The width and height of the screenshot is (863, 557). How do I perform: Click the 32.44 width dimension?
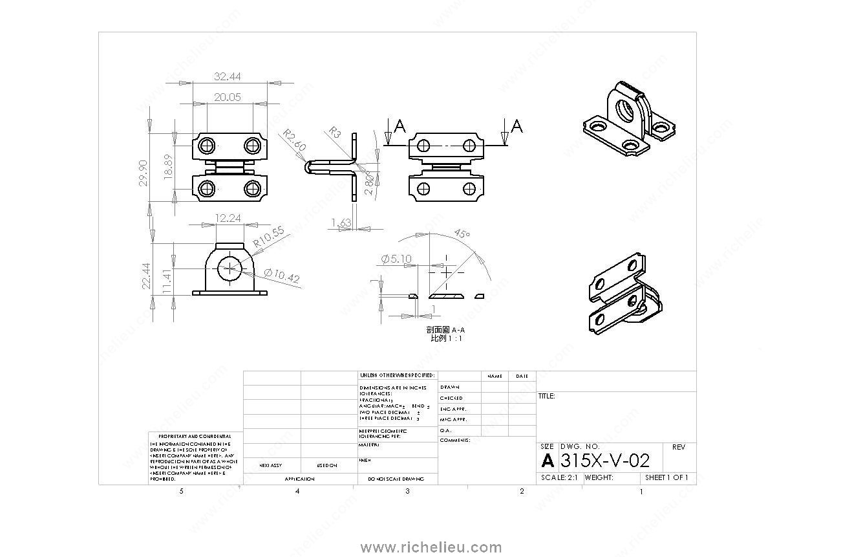click(x=228, y=76)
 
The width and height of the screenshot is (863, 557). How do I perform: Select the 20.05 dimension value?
click(x=228, y=97)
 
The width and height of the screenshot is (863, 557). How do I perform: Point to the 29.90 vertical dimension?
click(x=143, y=173)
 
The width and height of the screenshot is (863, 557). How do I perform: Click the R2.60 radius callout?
click(x=293, y=140)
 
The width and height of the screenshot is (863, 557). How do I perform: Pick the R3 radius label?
click(x=335, y=132)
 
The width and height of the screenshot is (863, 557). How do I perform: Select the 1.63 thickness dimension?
click(x=341, y=223)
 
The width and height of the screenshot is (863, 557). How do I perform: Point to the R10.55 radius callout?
click(x=268, y=237)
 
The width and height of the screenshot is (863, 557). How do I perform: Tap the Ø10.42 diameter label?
click(x=282, y=277)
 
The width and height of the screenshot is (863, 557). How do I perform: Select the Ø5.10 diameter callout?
click(x=396, y=259)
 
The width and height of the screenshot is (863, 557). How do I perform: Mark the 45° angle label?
click(x=462, y=234)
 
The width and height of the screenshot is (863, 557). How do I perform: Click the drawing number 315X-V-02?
click(x=604, y=461)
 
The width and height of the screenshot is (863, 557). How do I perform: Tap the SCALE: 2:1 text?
click(x=559, y=477)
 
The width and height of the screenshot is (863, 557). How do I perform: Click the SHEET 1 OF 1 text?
click(x=666, y=477)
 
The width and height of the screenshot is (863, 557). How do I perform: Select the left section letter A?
click(x=400, y=127)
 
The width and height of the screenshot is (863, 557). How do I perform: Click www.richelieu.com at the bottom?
click(x=431, y=547)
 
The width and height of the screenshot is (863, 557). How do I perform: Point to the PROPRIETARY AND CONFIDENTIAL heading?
click(x=195, y=437)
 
